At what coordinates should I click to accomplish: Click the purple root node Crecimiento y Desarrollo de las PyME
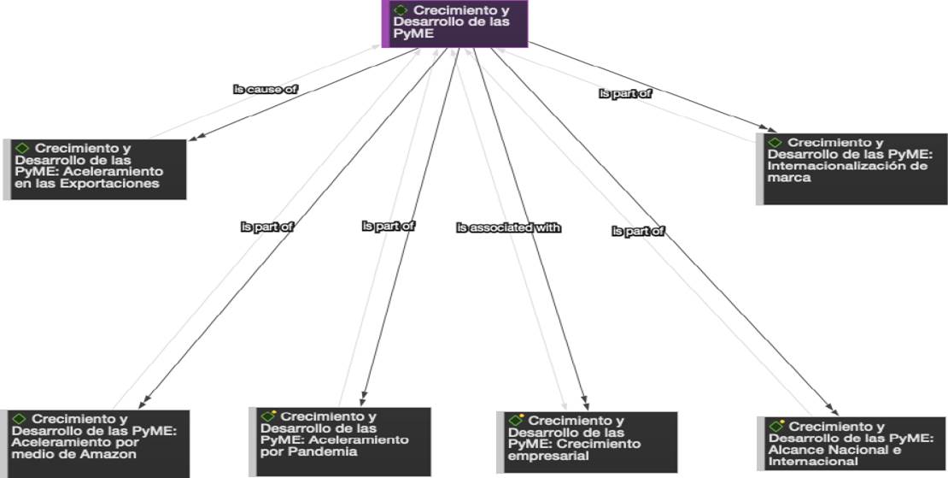[454, 23]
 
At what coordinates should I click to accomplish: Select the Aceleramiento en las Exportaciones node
[95, 168]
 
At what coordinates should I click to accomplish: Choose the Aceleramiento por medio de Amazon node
[95, 443]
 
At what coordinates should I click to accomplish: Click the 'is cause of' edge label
[266, 89]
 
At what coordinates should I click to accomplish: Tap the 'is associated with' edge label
[508, 227]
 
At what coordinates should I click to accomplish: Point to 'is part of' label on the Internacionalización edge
[625, 94]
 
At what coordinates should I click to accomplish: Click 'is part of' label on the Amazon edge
[267, 227]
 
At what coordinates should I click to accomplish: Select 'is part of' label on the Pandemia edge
[389, 226]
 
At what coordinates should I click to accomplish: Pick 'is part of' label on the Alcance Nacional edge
[638, 231]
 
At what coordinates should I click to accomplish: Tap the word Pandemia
[329, 451]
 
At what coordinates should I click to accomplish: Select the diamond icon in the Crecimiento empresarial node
[515, 421]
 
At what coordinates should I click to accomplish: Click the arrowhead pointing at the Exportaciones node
[191, 139]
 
